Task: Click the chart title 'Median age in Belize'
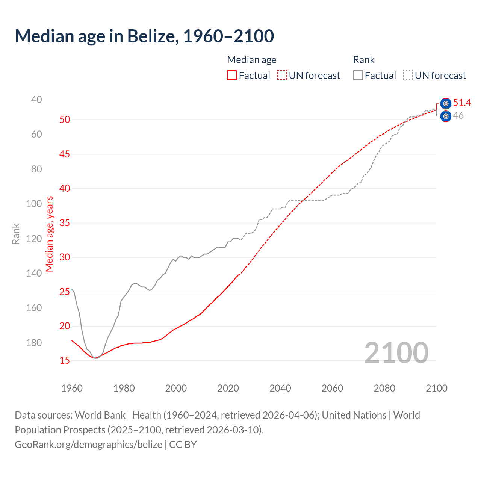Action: click(x=144, y=36)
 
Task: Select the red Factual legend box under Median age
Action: click(x=232, y=76)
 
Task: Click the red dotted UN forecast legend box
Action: click(x=282, y=76)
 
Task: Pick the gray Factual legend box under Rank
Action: click(x=358, y=76)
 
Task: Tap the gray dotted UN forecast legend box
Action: click(x=408, y=76)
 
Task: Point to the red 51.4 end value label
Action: click(x=462, y=103)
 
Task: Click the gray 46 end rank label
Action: click(x=458, y=115)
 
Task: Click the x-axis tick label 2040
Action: click(x=280, y=388)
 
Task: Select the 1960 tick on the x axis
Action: click(x=72, y=388)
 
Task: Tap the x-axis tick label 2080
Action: click(x=384, y=388)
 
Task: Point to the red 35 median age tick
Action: click(x=65, y=223)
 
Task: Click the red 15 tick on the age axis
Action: click(x=65, y=360)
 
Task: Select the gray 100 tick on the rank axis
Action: click(x=34, y=204)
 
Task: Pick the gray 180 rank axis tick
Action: click(x=34, y=343)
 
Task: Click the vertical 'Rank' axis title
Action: click(x=16, y=234)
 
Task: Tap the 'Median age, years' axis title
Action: click(x=50, y=234)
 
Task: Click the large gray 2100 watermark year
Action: click(x=396, y=352)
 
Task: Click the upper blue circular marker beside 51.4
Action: click(x=446, y=103)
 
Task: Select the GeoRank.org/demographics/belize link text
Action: click(x=88, y=444)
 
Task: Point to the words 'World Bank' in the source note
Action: click(x=100, y=415)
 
